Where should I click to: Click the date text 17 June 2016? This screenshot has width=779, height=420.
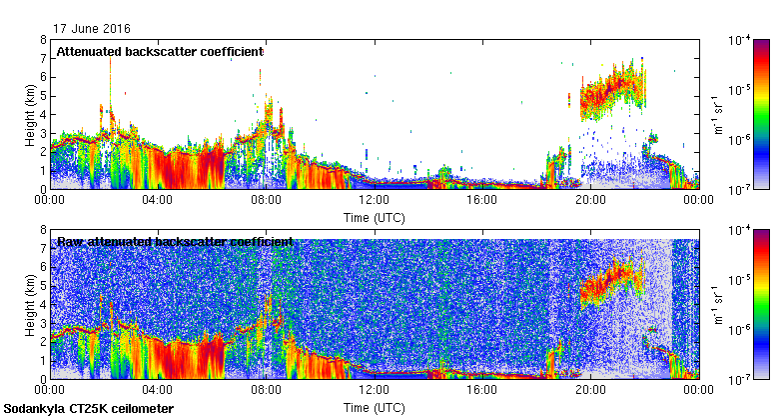[x=92, y=29]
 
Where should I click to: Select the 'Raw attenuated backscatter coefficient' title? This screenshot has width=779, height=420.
[x=175, y=241]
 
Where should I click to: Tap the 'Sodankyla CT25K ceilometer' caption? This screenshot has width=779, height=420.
[x=89, y=409]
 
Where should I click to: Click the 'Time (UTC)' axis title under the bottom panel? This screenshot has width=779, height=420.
[x=375, y=408]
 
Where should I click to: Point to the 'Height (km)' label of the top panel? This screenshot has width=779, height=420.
[x=30, y=114]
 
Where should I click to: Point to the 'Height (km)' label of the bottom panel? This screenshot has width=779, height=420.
[x=30, y=304]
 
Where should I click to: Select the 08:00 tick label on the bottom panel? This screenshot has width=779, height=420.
[x=266, y=390]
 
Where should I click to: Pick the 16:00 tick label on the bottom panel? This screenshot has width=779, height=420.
[x=482, y=390]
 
